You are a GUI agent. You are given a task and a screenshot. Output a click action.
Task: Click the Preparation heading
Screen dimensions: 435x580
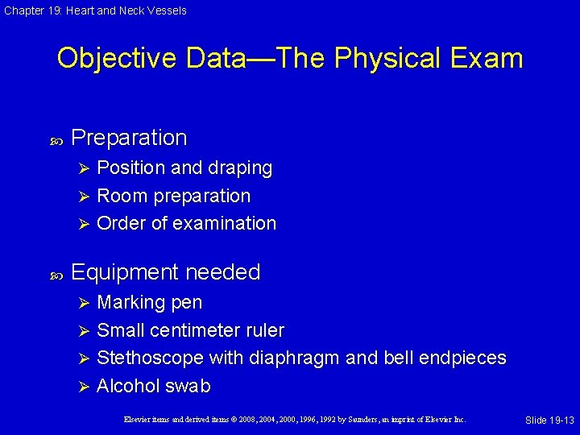(129, 138)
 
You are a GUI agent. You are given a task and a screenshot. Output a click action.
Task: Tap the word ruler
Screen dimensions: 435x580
(264, 330)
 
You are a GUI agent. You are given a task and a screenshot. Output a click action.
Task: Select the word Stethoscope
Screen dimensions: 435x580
(149, 358)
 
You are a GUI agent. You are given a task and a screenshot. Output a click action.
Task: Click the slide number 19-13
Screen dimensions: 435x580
(561, 420)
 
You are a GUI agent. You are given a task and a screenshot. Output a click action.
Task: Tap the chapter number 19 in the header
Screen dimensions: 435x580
(52, 10)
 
